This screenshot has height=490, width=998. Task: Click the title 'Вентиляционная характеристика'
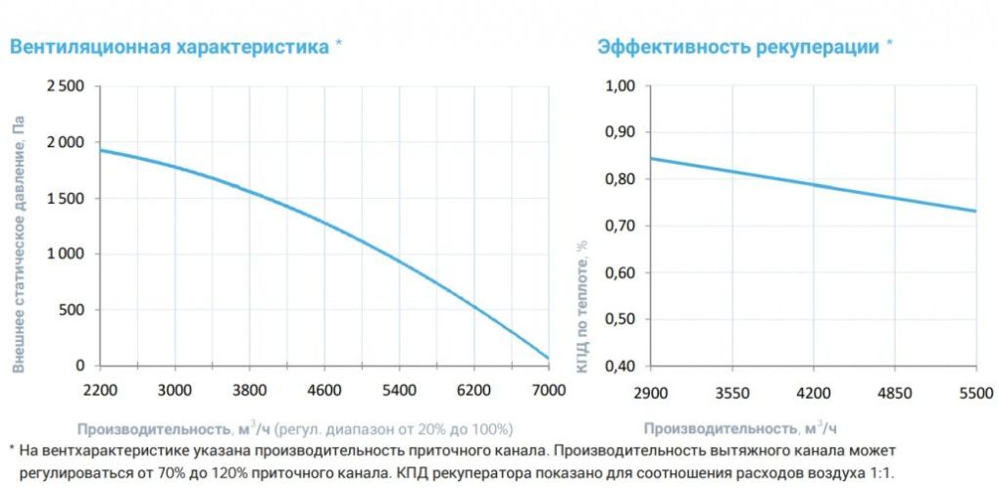click(169, 46)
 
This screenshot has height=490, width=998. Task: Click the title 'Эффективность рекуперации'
click(738, 46)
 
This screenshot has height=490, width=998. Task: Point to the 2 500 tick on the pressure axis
click(66, 87)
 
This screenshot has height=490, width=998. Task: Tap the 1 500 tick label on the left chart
click(66, 198)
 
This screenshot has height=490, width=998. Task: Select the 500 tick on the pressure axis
click(74, 310)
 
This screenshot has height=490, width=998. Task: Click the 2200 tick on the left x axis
click(100, 390)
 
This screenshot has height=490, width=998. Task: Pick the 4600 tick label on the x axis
click(324, 390)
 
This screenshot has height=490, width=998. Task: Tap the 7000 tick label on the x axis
click(548, 390)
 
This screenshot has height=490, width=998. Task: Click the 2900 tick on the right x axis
click(650, 392)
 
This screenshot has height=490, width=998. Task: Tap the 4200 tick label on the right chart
click(814, 392)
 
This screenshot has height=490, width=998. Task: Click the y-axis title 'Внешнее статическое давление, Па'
click(18, 245)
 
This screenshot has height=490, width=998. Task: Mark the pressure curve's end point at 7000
click(548, 358)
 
